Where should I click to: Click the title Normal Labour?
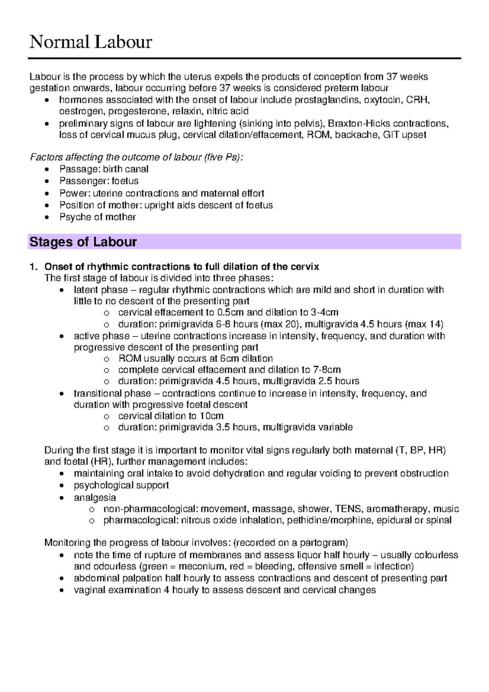point(90,42)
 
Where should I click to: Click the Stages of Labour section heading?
point(83,242)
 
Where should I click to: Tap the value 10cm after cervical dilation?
point(211,416)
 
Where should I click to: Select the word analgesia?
point(95,498)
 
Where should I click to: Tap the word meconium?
point(201,566)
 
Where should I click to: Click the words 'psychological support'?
point(121,485)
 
